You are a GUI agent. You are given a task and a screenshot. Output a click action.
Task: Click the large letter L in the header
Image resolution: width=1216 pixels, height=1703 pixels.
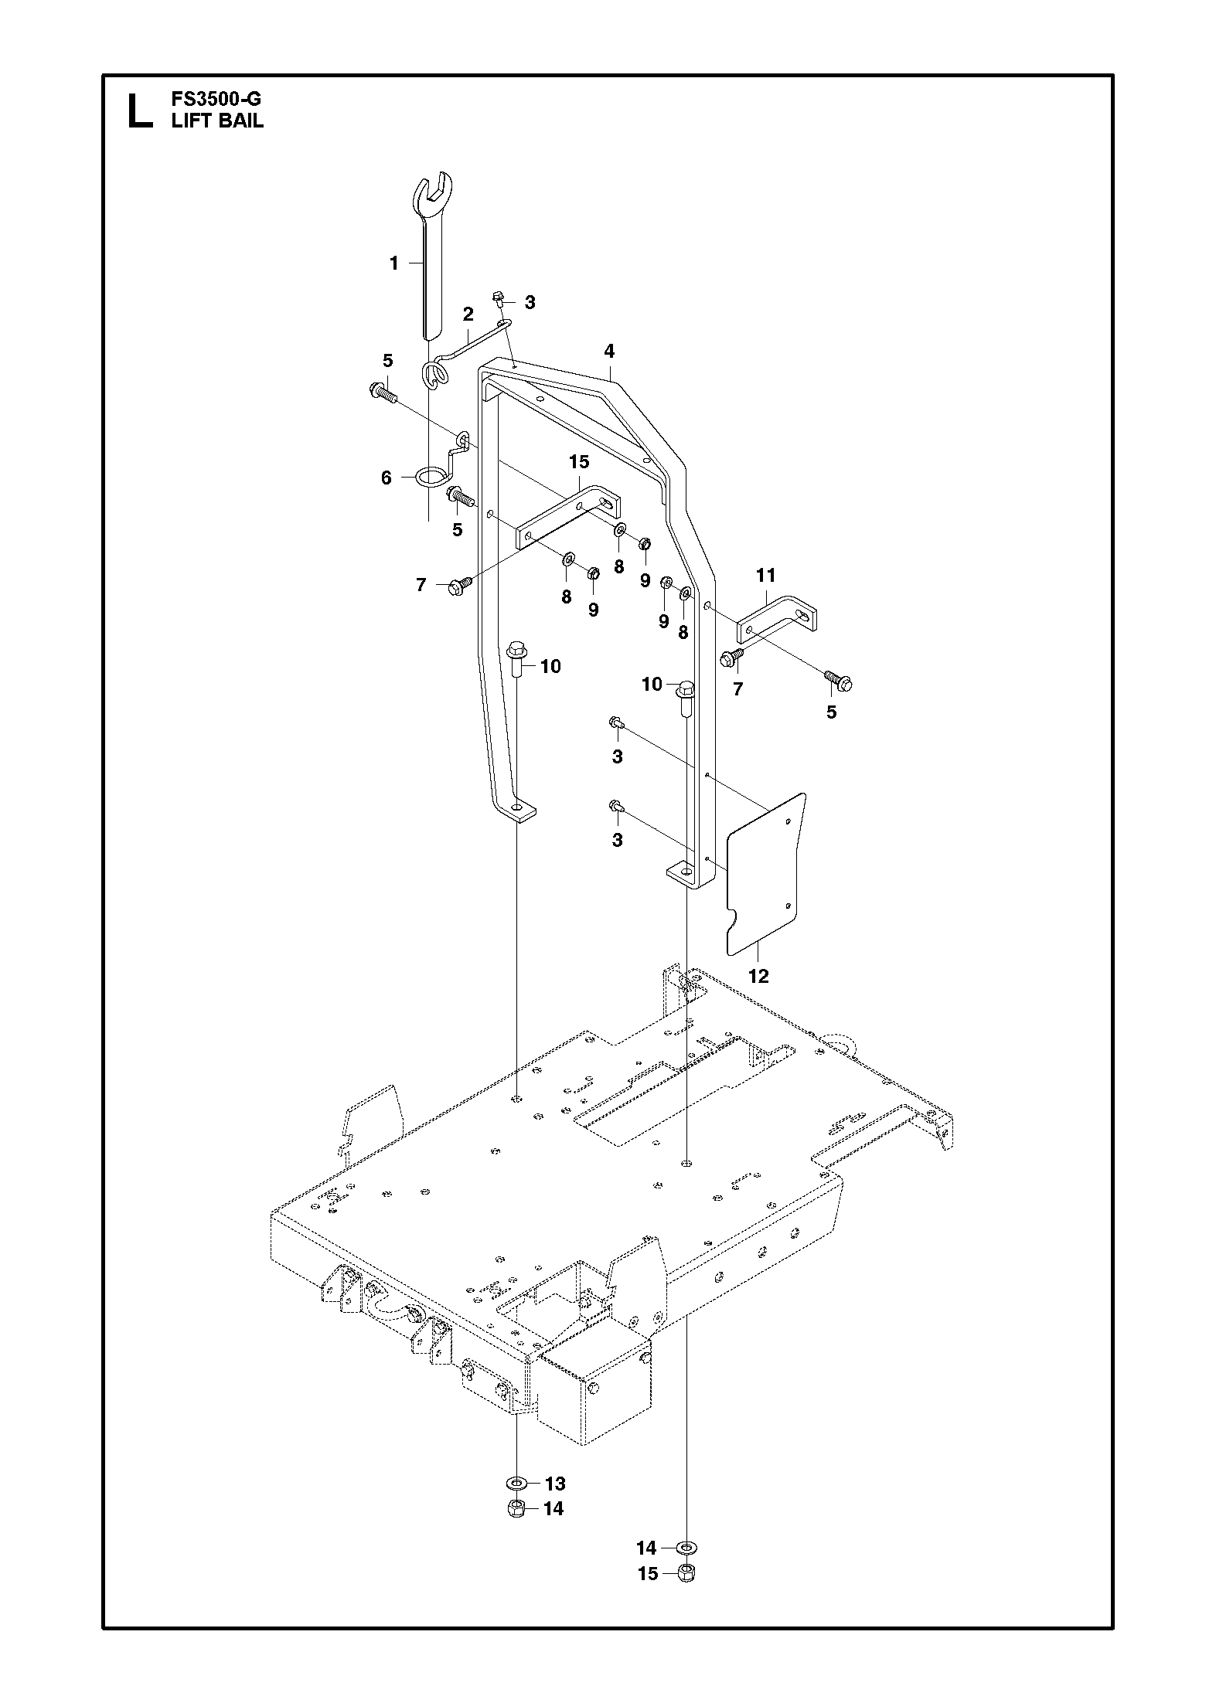[x=139, y=110]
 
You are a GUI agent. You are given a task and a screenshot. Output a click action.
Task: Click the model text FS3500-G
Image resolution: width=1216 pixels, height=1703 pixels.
[x=218, y=100]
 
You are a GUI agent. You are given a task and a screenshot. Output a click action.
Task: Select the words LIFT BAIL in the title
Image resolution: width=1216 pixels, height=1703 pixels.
[x=217, y=121]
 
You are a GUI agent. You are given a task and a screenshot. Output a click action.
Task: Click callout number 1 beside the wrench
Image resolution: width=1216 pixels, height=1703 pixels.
[x=393, y=263]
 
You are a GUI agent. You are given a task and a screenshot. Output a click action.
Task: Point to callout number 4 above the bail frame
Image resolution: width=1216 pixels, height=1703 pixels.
[x=609, y=352]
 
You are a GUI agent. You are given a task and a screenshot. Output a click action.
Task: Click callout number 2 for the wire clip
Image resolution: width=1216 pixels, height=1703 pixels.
[x=468, y=314]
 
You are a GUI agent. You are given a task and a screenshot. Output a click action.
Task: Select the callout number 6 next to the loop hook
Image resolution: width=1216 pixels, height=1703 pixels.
[x=387, y=478]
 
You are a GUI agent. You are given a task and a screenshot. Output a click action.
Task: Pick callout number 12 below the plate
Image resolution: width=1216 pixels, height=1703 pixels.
[x=759, y=976]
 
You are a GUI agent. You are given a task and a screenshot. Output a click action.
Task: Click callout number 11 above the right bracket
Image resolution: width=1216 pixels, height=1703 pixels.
[x=765, y=575]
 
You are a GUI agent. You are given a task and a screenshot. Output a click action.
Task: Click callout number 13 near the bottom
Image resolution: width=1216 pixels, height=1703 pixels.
[x=555, y=1484]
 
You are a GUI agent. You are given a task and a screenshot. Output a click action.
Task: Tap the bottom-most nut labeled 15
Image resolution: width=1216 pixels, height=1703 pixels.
[x=685, y=1593]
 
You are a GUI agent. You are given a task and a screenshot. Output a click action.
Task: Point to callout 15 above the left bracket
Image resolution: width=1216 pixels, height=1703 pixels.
[x=579, y=462]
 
